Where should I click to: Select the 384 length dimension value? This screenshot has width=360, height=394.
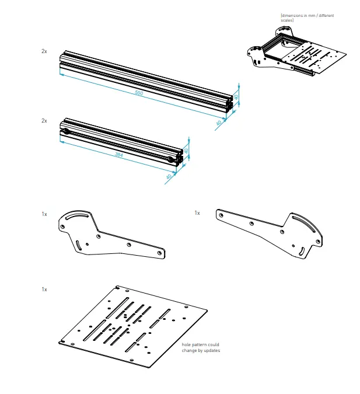(118, 155)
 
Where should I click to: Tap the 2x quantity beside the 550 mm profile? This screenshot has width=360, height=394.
(44, 51)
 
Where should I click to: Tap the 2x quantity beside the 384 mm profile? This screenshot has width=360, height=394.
(44, 120)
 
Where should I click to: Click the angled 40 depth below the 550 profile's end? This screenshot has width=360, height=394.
(219, 123)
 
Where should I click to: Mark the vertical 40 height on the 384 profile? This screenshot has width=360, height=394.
(186, 151)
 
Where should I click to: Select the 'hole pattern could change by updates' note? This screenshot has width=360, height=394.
(201, 348)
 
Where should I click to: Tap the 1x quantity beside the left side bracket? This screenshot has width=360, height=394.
(44, 214)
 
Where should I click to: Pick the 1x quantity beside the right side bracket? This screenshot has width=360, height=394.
(197, 213)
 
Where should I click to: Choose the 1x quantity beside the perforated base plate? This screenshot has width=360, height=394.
(44, 289)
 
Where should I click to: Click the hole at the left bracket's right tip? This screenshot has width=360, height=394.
(161, 253)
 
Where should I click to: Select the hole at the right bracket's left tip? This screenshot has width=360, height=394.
(221, 214)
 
